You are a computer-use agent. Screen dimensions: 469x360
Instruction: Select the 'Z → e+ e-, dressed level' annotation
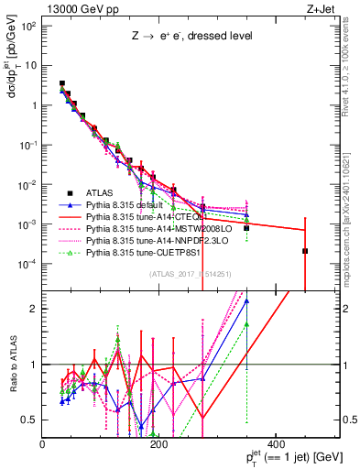[181, 36]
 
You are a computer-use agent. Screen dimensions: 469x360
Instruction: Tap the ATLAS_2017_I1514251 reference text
[191, 274]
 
